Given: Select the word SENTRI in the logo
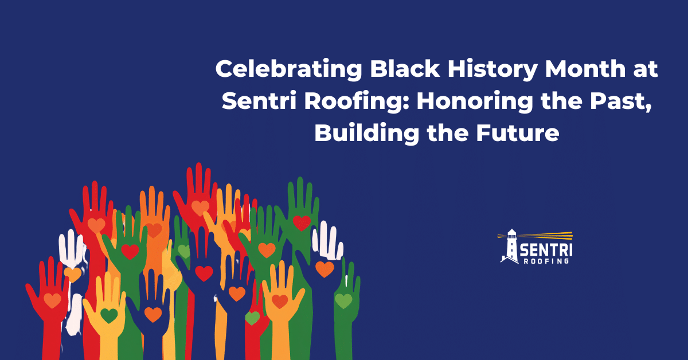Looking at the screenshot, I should pyautogui.click(x=545, y=251).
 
